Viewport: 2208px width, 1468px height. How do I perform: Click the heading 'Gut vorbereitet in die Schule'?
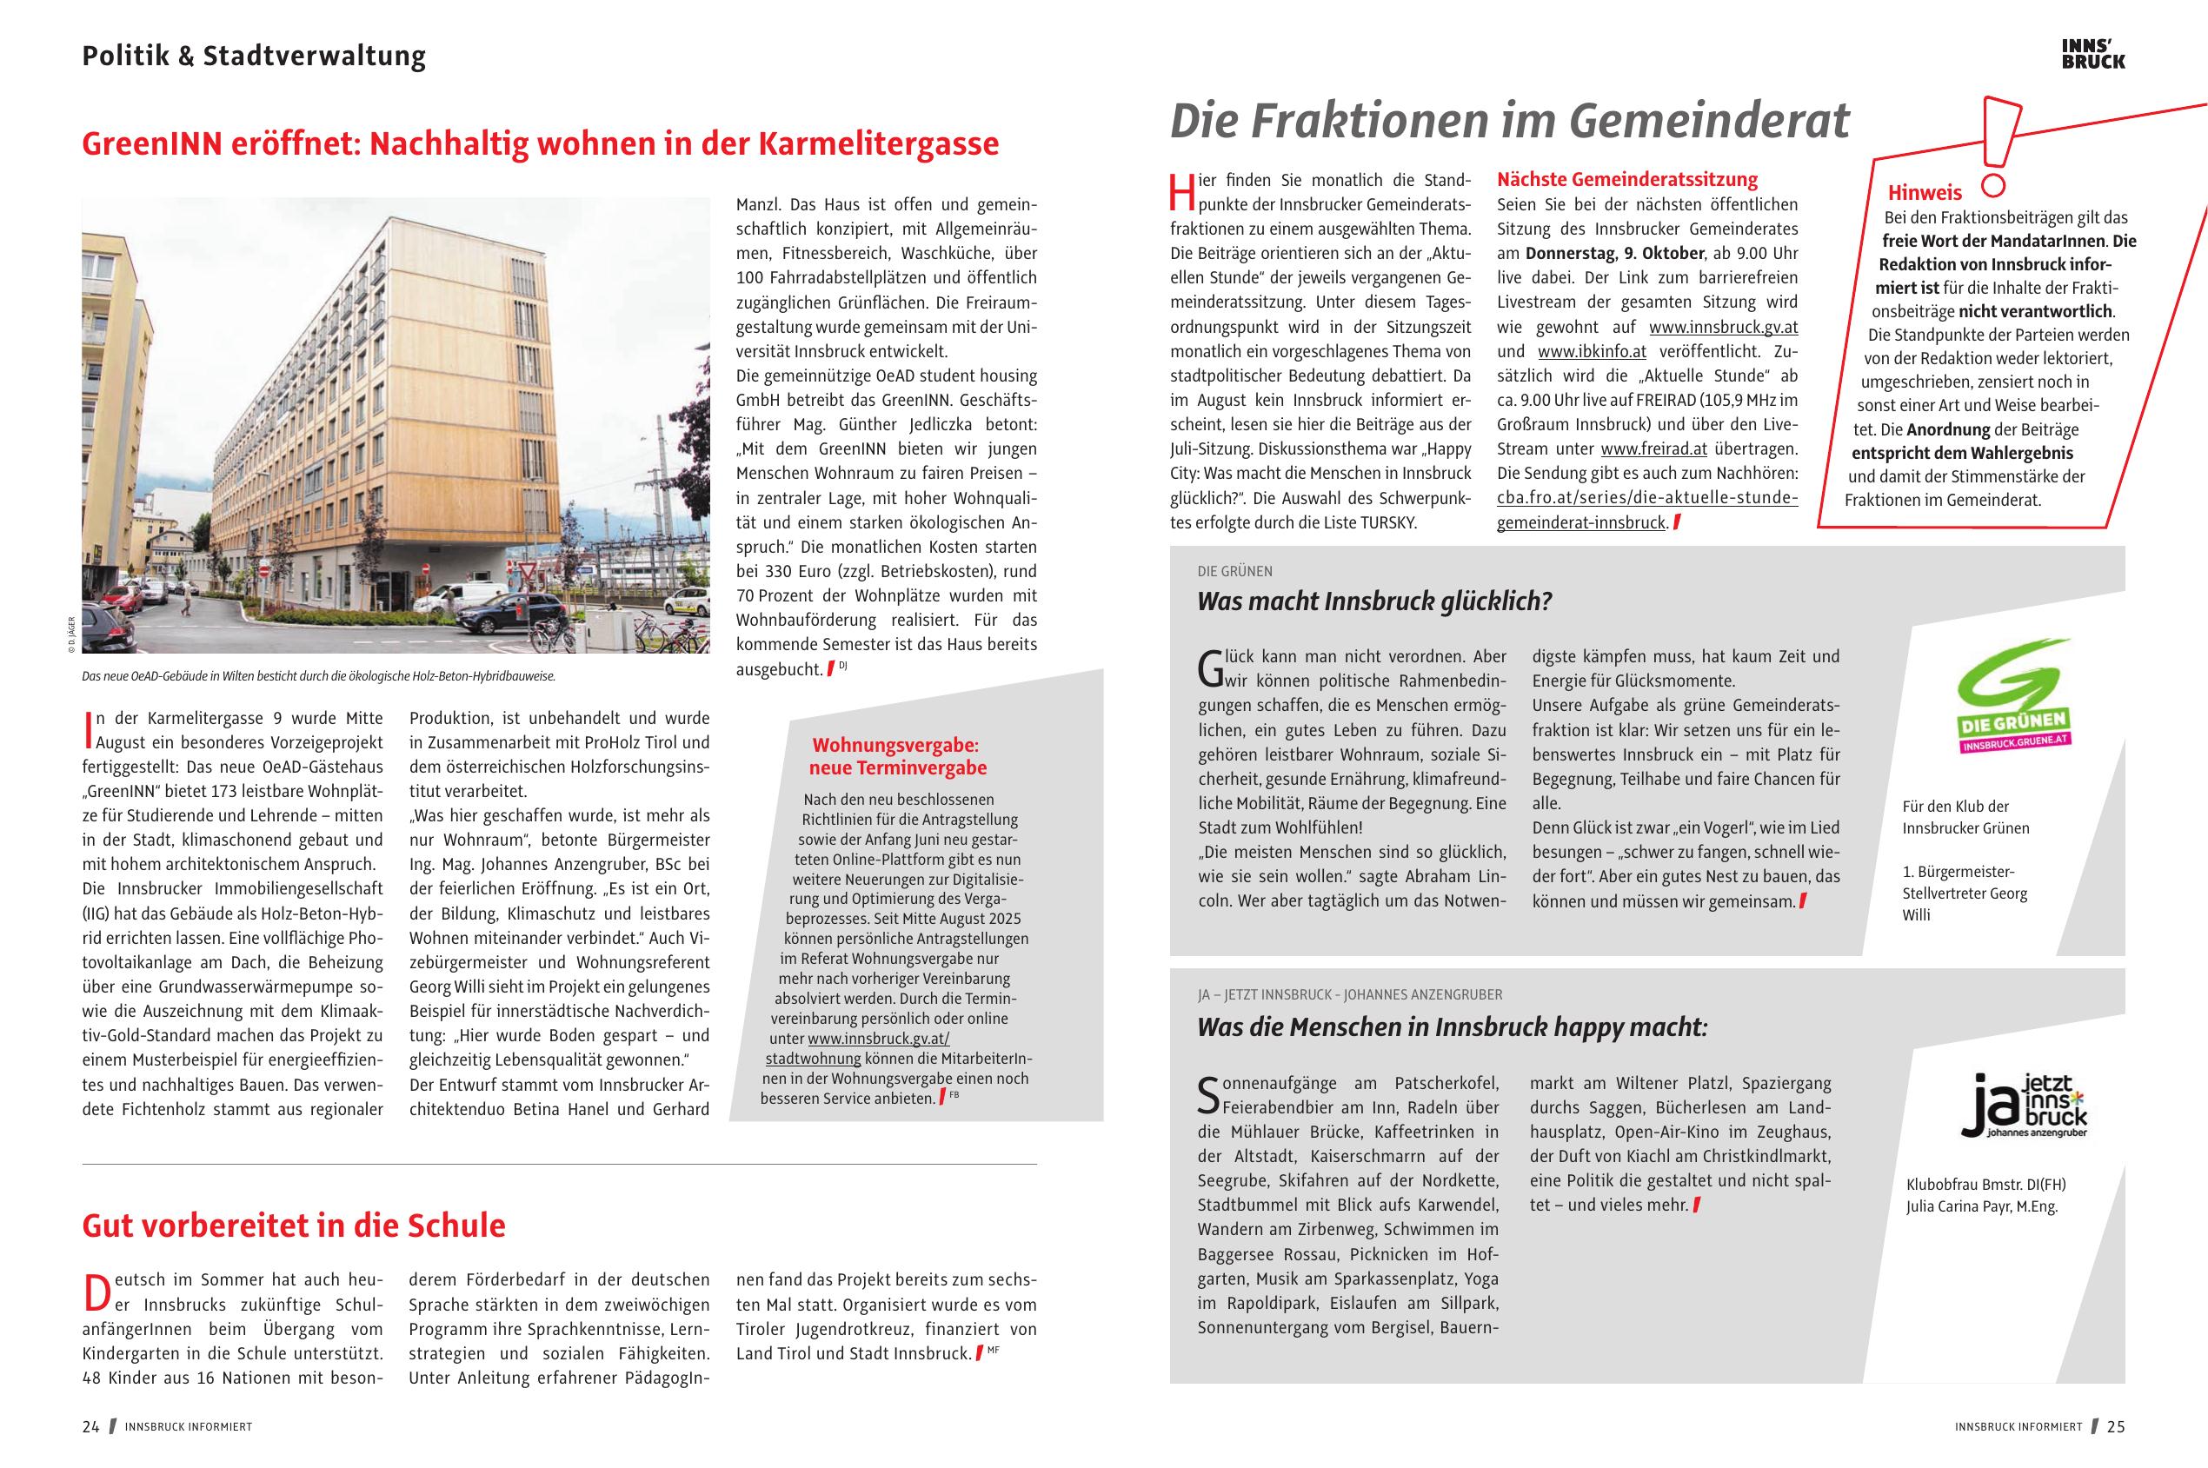[x=293, y=1226]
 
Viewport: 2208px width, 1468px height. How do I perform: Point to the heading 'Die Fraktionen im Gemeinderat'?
[x=1508, y=122]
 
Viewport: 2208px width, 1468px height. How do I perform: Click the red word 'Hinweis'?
[x=1925, y=193]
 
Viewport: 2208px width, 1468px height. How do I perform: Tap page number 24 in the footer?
[x=90, y=1427]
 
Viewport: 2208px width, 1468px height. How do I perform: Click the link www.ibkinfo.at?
[x=1591, y=352]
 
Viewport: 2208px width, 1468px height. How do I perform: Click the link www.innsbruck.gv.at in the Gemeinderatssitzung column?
[x=1723, y=328]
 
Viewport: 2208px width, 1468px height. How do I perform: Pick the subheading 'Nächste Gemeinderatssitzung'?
[x=1626, y=180]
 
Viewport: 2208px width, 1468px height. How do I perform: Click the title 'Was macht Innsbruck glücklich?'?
[x=1373, y=601]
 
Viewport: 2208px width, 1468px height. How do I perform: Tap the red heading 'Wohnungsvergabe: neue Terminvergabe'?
[x=897, y=756]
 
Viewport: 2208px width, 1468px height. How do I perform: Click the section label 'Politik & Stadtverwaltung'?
[x=254, y=56]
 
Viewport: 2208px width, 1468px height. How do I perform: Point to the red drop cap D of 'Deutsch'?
[x=97, y=1292]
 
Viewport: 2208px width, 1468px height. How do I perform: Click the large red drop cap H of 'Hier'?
[x=1182, y=191]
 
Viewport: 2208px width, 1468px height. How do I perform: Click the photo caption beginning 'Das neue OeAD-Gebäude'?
[x=318, y=675]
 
